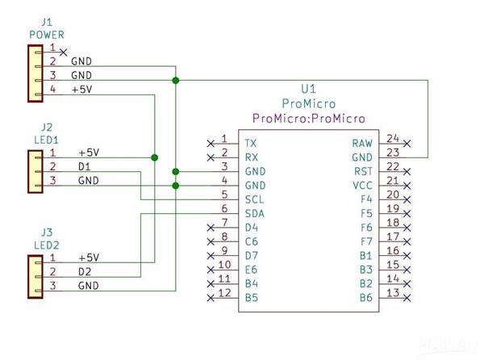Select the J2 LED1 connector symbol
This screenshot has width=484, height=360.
[x=35, y=166]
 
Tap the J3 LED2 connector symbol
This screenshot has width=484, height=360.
[x=35, y=272]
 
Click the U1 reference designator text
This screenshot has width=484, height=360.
[x=308, y=89]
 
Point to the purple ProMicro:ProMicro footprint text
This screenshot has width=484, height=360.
[x=308, y=119]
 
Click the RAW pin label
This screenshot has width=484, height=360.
[x=362, y=143]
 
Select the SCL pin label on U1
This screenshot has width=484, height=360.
[x=254, y=199]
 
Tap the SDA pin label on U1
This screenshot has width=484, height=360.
[x=255, y=213]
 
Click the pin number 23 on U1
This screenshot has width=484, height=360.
[x=393, y=152]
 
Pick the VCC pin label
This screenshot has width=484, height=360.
[x=361, y=186]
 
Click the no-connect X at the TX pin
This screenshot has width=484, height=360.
[x=211, y=143]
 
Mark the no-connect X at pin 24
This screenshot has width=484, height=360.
[x=407, y=143]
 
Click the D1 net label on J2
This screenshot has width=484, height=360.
[x=86, y=166]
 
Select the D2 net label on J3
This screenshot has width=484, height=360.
[x=86, y=271]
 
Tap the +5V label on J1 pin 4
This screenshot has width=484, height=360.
[x=81, y=90]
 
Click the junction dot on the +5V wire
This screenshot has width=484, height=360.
[x=154, y=157]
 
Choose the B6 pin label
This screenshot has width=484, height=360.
[x=365, y=298]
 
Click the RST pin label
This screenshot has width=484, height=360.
[x=363, y=171]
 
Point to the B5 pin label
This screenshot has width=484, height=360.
[x=252, y=298]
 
